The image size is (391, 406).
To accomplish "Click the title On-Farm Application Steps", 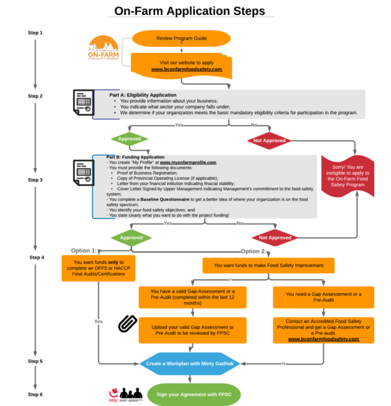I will point(190,11).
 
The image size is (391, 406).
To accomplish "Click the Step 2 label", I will point(35,96).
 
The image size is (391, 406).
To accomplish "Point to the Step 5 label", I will point(35,360).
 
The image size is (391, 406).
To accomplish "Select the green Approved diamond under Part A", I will point(130,139).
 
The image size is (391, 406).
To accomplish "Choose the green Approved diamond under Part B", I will point(130,238).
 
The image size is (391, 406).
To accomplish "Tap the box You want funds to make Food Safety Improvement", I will point(268,265).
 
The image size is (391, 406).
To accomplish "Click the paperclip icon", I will point(125,323).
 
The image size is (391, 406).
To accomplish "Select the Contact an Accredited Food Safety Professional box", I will point(324,330).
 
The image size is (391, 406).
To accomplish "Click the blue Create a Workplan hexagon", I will point(190,363).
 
